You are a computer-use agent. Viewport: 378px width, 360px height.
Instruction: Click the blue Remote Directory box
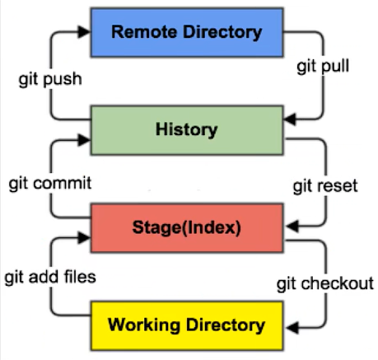187,32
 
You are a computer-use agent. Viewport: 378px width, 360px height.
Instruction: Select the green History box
187,130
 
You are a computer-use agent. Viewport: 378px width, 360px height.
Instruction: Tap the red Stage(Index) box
187,227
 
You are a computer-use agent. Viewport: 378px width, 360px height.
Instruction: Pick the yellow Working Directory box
187,325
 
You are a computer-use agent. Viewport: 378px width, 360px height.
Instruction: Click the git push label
50,80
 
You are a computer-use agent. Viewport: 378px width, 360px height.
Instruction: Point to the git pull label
323,67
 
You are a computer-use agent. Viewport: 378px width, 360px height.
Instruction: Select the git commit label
50,184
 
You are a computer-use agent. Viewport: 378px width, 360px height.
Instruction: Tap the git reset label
325,186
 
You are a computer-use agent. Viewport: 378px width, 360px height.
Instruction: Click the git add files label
50,277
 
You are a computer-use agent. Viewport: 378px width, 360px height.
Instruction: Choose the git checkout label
325,283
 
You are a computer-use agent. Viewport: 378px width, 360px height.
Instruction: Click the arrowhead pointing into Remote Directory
84,32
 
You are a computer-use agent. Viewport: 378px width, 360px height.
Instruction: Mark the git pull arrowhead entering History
290,119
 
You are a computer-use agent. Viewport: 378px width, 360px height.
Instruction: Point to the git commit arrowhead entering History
84,140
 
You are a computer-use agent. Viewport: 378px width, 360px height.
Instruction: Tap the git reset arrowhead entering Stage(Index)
292,227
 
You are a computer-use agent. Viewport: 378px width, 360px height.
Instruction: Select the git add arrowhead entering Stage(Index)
84,238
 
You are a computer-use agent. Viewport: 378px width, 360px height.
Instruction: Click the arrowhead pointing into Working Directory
292,327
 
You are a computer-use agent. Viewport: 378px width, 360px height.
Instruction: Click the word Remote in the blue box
145,32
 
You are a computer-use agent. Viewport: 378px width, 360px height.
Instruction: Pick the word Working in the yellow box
144,325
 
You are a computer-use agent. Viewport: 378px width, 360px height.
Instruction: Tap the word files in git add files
80,277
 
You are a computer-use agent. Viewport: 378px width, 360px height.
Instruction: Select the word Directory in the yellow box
226,325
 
